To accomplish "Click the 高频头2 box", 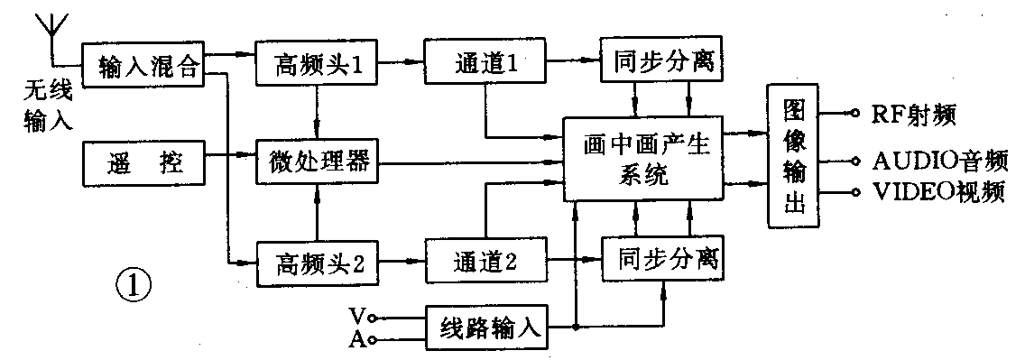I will click(315, 264).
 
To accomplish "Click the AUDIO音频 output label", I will click(939, 161).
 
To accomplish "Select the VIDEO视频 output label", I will click(939, 193).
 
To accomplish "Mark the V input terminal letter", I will click(356, 316).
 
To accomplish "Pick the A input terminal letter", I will click(356, 337).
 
